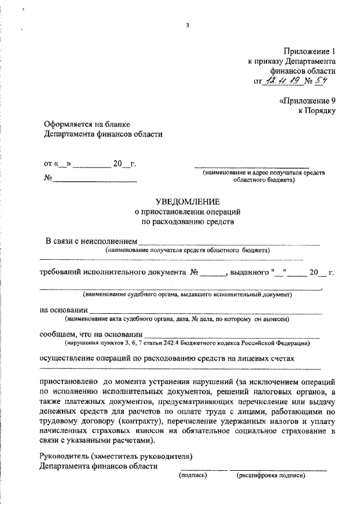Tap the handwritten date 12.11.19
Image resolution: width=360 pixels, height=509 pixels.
tap(281, 82)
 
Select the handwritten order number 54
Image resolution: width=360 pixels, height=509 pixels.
tap(322, 82)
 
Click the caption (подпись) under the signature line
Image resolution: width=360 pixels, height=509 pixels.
tap(193, 475)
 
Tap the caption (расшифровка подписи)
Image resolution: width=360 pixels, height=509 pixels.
tap(271, 475)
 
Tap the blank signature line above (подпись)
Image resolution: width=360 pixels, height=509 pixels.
tap(204, 468)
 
